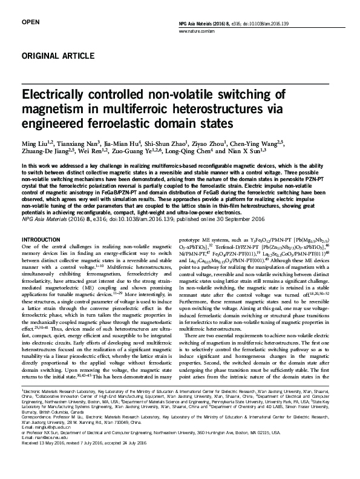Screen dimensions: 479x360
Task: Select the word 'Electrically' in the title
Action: click(59, 96)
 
